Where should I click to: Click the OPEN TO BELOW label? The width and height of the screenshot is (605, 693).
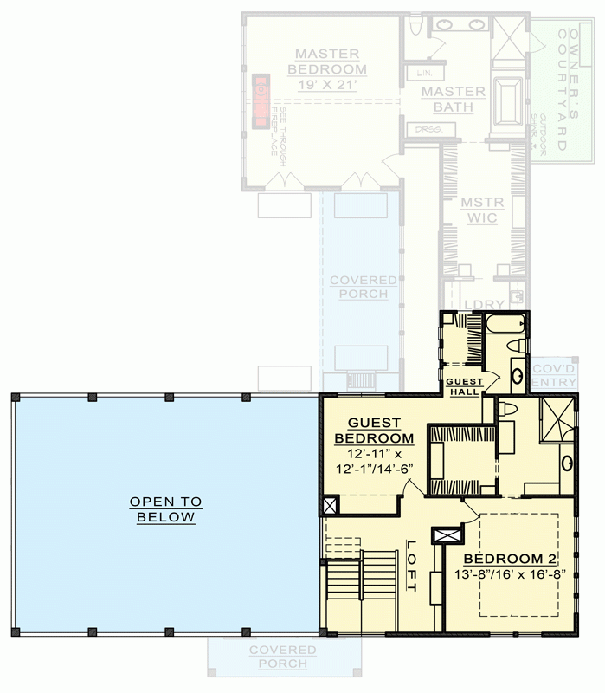point(165,509)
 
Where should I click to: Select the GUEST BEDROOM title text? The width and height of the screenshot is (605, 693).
point(374,430)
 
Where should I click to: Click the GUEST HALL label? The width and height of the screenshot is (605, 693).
point(466,386)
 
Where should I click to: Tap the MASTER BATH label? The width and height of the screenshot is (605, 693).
point(454,100)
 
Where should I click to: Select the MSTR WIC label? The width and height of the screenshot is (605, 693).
point(478,210)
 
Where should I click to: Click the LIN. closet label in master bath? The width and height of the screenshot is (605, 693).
point(424,72)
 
